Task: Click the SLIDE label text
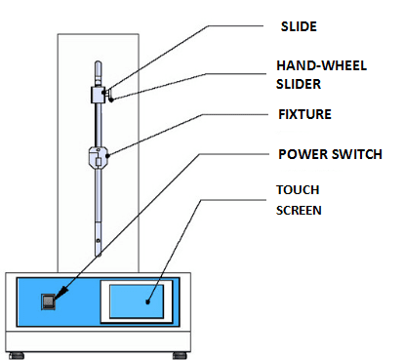coord(299,26)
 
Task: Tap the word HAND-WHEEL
coord(321,65)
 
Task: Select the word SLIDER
coord(299,84)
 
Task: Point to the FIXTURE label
coord(304,114)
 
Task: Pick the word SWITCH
coord(357,154)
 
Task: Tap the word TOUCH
coord(298,190)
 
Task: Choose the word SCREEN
coord(299,211)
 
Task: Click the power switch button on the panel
coord(48,301)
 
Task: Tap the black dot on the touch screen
coord(147,301)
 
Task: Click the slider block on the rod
coord(98,95)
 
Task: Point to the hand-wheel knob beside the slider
coord(110,95)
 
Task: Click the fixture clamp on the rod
coord(99,157)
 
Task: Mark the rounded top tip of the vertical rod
coord(98,61)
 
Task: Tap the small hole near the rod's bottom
coord(98,241)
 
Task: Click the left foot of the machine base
coord(17,355)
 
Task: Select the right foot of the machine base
coord(180,355)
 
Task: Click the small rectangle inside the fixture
coord(99,162)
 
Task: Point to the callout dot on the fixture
coord(108,155)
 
